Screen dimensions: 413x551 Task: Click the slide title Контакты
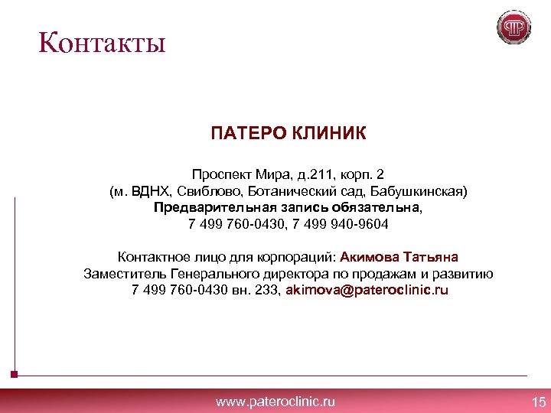[103, 42]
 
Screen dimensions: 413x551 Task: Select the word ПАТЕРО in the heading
[247, 135]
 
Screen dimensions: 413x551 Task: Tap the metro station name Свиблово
[211, 190]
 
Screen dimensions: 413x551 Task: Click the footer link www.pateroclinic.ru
[275, 402]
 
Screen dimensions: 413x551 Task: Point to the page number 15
[538, 402]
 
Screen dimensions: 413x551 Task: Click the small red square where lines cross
[15, 376]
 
